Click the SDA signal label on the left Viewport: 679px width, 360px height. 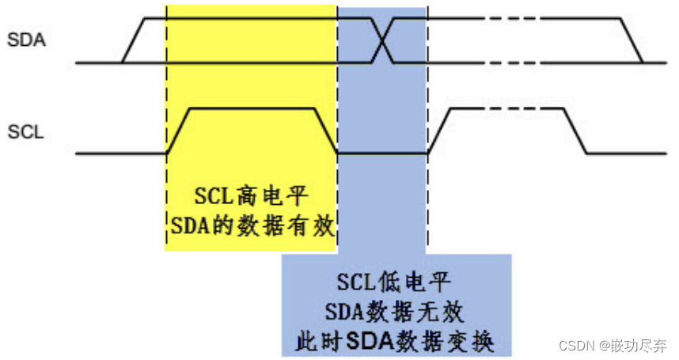click(x=26, y=40)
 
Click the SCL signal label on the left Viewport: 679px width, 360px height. click(x=25, y=132)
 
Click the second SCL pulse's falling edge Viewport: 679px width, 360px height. click(x=576, y=131)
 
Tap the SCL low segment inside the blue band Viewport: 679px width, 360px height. click(x=382, y=153)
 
